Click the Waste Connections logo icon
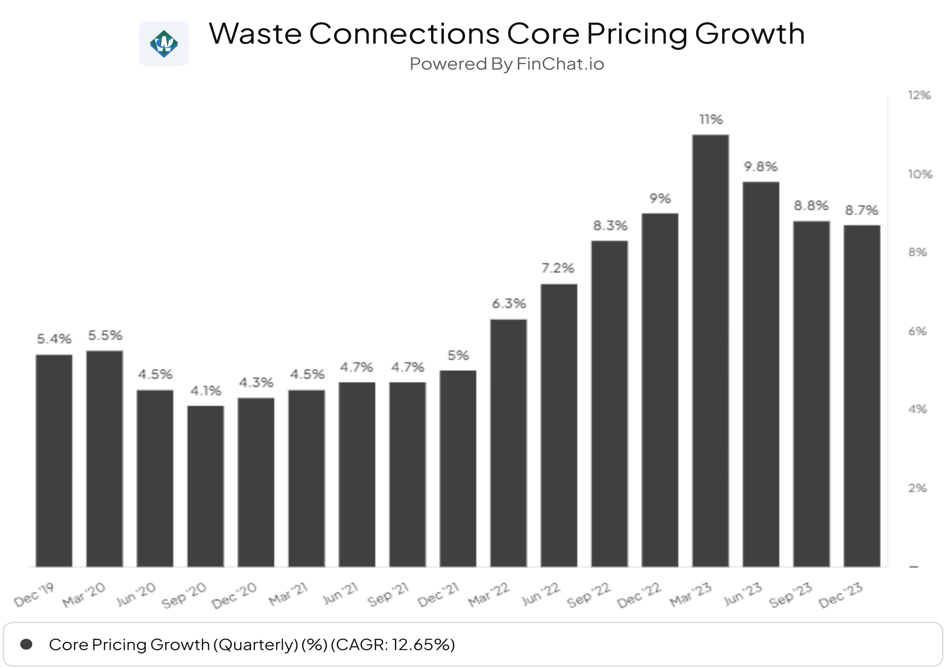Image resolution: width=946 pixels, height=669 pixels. click(x=164, y=44)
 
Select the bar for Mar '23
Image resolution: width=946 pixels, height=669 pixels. click(x=710, y=350)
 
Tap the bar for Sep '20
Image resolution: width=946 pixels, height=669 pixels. click(x=205, y=486)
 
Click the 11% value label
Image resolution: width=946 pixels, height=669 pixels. click(x=711, y=119)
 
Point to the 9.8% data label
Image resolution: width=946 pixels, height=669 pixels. click(x=760, y=167)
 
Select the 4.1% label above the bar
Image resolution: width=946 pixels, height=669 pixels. click(x=205, y=391)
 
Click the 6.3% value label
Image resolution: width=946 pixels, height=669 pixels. click(x=509, y=304)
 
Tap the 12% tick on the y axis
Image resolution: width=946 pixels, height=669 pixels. click(x=919, y=96)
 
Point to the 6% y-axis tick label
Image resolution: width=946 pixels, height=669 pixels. click(x=917, y=331)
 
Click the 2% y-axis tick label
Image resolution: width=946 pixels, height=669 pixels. click(x=917, y=488)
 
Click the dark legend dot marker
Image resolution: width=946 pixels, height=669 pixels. click(x=26, y=644)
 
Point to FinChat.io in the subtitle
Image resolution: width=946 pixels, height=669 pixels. click(x=560, y=64)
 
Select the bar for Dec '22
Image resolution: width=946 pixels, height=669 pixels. click(x=660, y=390)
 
